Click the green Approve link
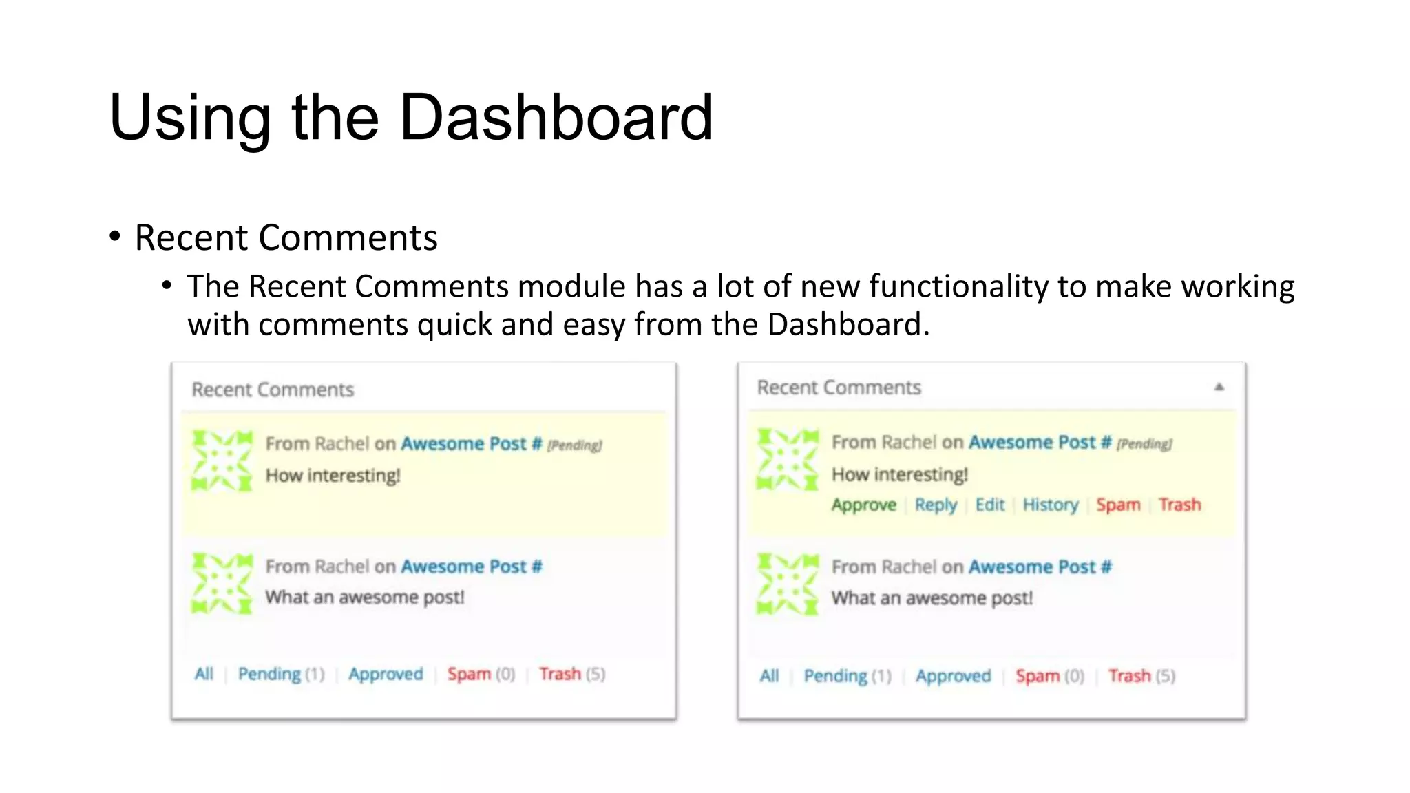click(863, 505)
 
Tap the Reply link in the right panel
click(936, 505)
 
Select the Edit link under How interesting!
click(990, 505)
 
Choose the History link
click(1050, 505)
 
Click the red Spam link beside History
click(1118, 505)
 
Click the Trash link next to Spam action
click(1179, 505)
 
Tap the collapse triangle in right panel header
click(1219, 387)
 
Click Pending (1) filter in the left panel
click(281, 674)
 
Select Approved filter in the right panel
click(953, 676)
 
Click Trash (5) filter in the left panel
click(571, 674)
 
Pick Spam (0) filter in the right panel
click(1049, 676)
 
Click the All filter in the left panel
click(204, 674)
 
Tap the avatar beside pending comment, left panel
click(222, 461)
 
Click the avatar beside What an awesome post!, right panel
click(788, 584)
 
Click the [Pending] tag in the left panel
click(574, 445)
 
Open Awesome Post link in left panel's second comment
click(471, 567)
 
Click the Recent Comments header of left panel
click(273, 390)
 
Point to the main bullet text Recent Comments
click(286, 238)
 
